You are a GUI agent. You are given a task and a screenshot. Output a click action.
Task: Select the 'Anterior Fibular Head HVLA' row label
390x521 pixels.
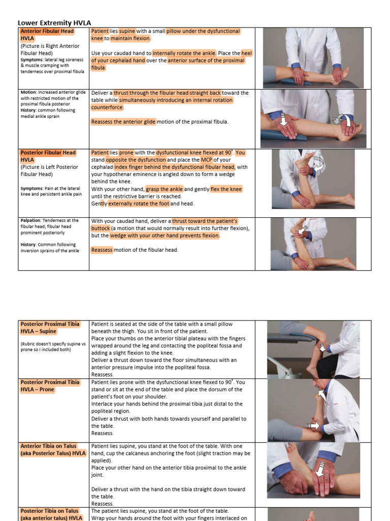47,35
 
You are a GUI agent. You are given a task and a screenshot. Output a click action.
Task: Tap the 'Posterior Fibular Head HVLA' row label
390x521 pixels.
48,156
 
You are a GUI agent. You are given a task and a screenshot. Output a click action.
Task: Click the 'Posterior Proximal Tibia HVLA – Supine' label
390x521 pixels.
50,327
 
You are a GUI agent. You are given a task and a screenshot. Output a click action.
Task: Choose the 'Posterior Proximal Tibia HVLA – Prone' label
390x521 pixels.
50,386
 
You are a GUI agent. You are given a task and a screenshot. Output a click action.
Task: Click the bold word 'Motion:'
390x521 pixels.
29,93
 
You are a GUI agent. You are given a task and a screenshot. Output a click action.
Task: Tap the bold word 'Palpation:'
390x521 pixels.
32,220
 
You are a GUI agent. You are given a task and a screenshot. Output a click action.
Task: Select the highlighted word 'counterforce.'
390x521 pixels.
107,107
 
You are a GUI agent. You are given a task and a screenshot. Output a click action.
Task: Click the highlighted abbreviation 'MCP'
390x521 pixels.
206,160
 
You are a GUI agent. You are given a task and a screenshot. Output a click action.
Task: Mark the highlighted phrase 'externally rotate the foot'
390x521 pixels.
139,204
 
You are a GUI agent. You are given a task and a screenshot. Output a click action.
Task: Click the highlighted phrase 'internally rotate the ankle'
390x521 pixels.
184,53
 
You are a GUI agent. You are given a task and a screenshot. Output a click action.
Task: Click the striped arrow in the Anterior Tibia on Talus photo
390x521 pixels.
319,471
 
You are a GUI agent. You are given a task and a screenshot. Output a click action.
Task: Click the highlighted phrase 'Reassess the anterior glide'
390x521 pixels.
123,122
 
